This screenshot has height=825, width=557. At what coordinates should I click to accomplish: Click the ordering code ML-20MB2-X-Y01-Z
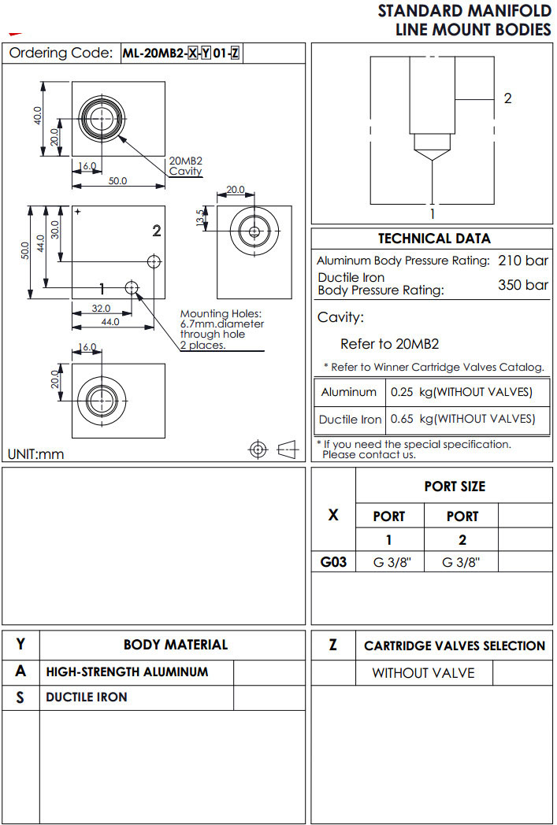click(x=180, y=54)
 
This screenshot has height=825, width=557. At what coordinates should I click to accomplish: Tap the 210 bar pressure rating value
click(x=522, y=261)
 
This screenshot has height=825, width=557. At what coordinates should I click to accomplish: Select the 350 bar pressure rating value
click(x=522, y=284)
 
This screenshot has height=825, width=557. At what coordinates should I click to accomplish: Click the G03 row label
click(x=333, y=562)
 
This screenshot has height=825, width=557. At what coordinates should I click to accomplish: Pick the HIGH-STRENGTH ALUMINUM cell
click(x=127, y=672)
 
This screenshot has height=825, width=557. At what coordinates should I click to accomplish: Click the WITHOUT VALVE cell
click(x=423, y=673)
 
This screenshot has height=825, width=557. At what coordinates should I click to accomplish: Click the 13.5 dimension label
click(x=200, y=218)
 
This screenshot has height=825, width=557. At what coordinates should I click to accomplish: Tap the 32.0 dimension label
click(x=102, y=309)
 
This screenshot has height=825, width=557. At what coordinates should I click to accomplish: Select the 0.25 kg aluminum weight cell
click(x=461, y=392)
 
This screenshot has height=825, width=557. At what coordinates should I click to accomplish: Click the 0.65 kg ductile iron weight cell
click(x=462, y=419)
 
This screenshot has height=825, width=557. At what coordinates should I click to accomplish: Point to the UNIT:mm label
click(x=35, y=453)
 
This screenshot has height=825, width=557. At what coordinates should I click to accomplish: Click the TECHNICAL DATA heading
click(x=433, y=239)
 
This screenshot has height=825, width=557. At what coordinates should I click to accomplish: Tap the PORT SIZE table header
click(x=455, y=486)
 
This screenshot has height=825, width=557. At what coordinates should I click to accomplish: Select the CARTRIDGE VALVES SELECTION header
click(x=455, y=646)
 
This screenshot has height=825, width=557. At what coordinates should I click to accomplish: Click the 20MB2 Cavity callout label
click(x=186, y=166)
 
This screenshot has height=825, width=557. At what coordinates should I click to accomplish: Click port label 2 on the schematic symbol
click(x=507, y=98)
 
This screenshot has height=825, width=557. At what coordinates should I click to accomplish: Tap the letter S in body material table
click(x=20, y=697)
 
